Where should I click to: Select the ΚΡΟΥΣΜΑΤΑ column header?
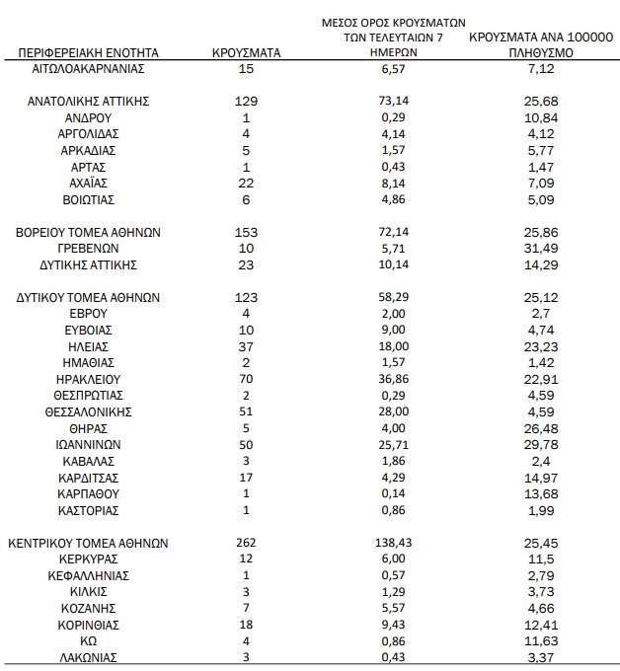248,52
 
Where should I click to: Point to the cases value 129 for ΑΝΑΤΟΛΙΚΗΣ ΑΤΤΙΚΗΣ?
248,101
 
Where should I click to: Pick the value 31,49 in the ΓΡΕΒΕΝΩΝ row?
537,249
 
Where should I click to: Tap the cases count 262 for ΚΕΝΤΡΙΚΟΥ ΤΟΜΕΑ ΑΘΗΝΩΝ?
248,543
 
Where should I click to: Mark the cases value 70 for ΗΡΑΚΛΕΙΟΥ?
248,378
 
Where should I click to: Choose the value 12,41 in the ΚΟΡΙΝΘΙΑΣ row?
537,625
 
